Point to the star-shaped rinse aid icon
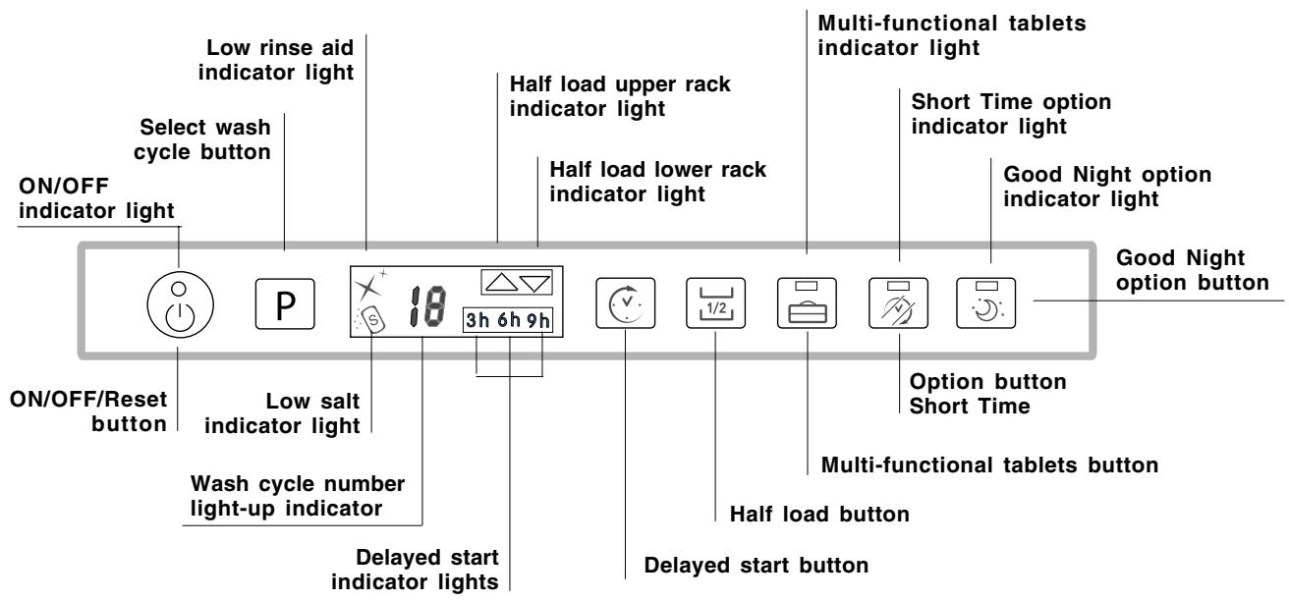click(x=366, y=286)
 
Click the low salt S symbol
click(x=375, y=319)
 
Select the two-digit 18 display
click(x=424, y=300)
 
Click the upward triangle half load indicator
click(x=500, y=283)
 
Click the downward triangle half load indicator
click(x=535, y=283)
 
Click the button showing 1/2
click(x=716, y=300)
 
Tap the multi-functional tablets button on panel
click(x=807, y=300)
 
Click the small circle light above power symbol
click(x=179, y=286)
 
